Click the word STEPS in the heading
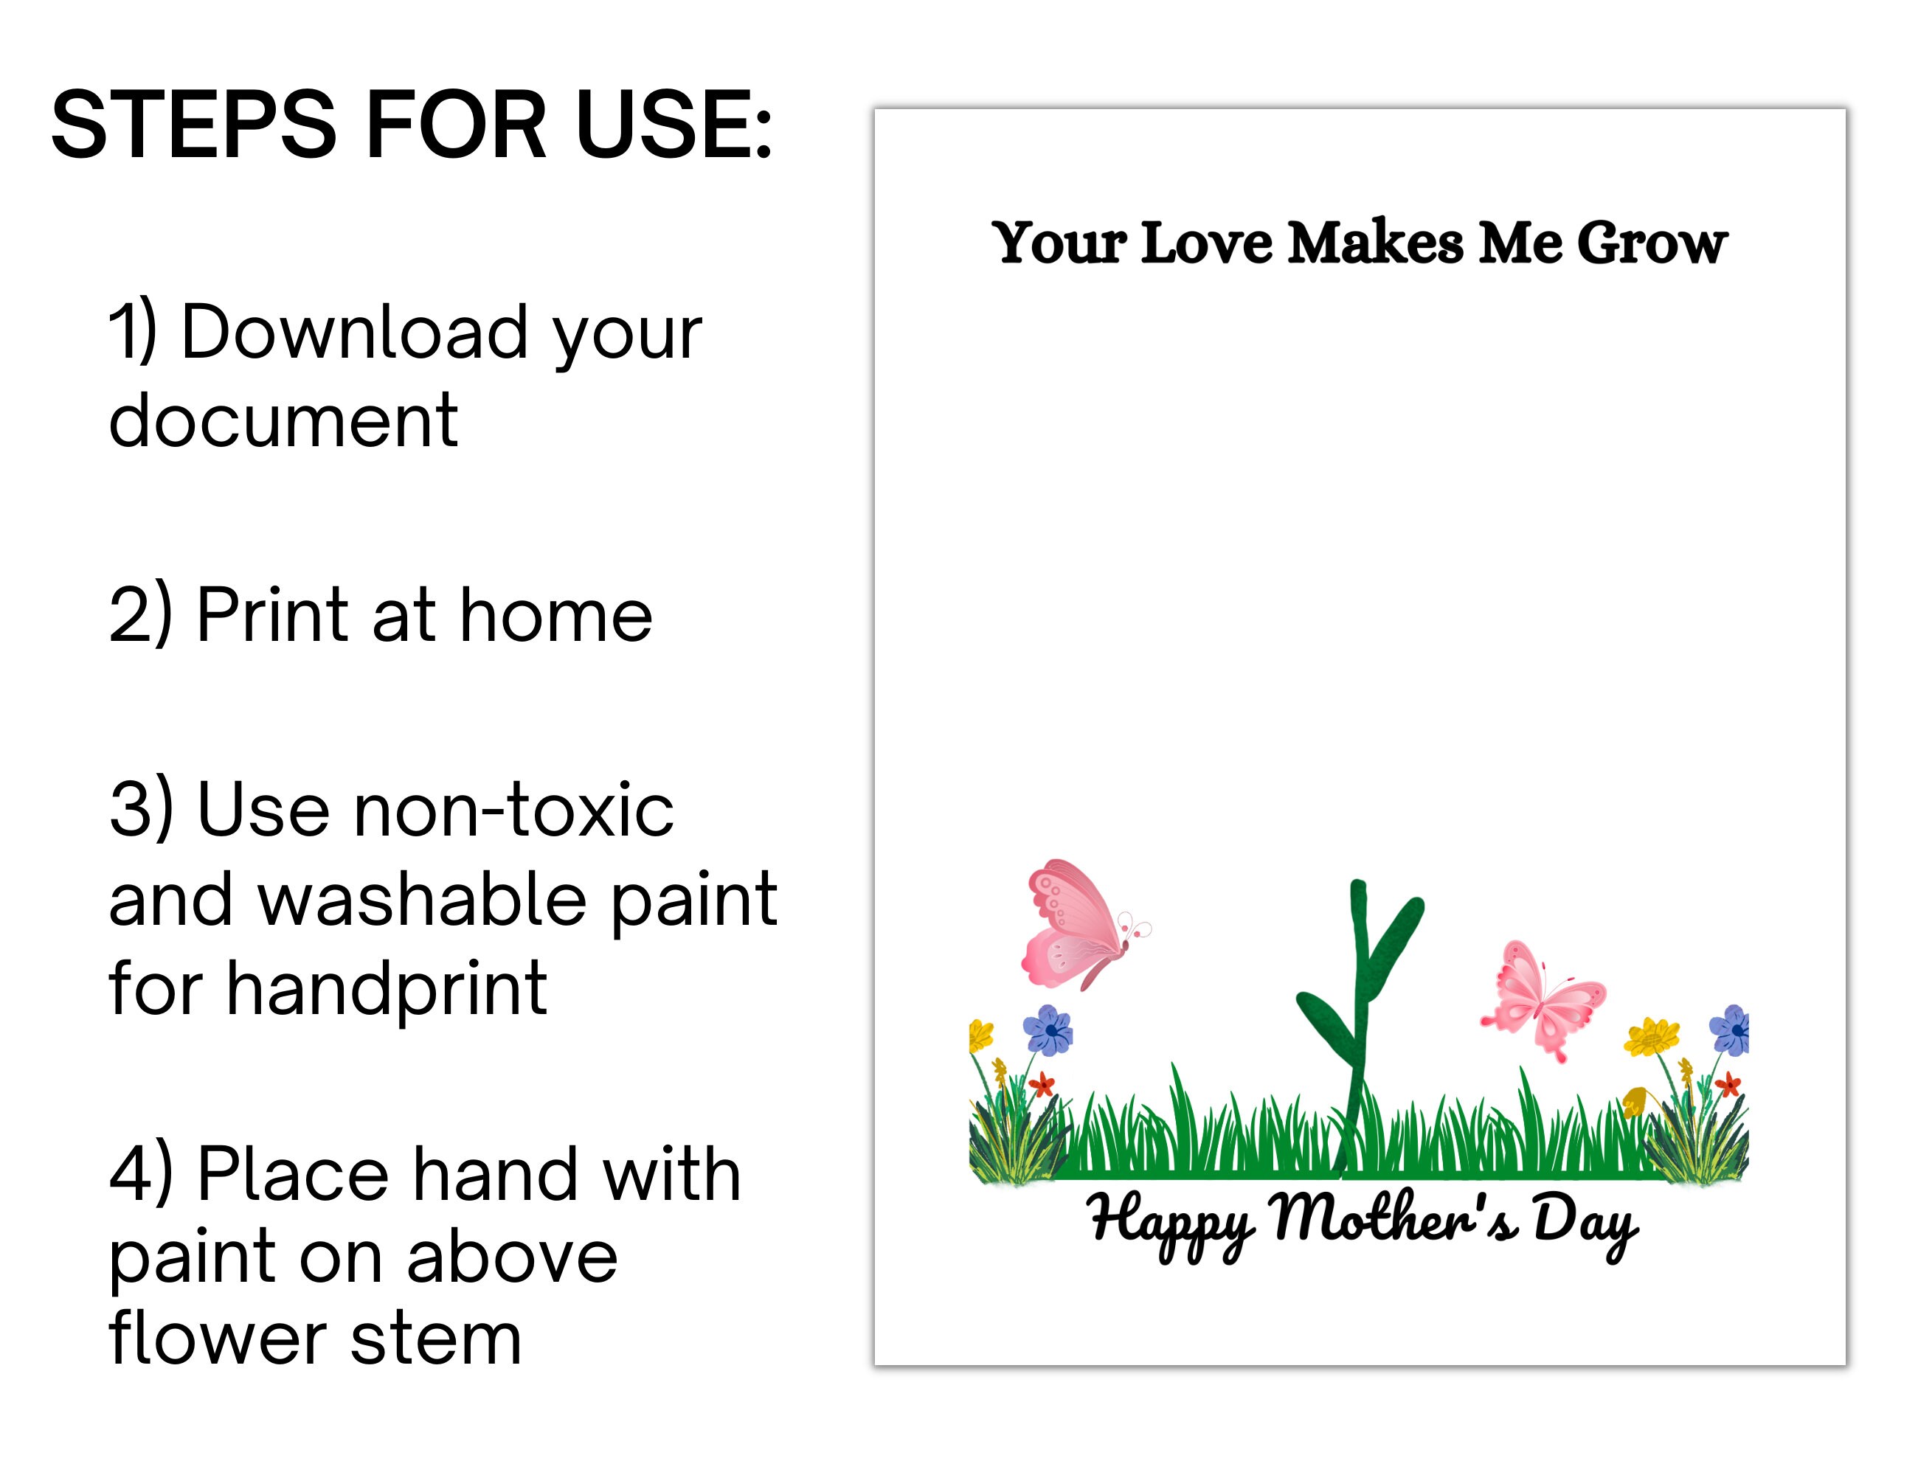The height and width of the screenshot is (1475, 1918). pyautogui.click(x=194, y=125)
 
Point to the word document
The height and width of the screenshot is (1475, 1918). pyautogui.click(x=283, y=420)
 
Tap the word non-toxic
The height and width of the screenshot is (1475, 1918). pyautogui.click(x=513, y=810)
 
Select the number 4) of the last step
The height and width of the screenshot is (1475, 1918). pyautogui.click(x=140, y=1175)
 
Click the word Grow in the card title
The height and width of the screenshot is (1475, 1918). pyautogui.click(x=1652, y=243)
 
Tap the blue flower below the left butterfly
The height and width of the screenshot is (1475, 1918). pyautogui.click(x=1048, y=1030)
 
